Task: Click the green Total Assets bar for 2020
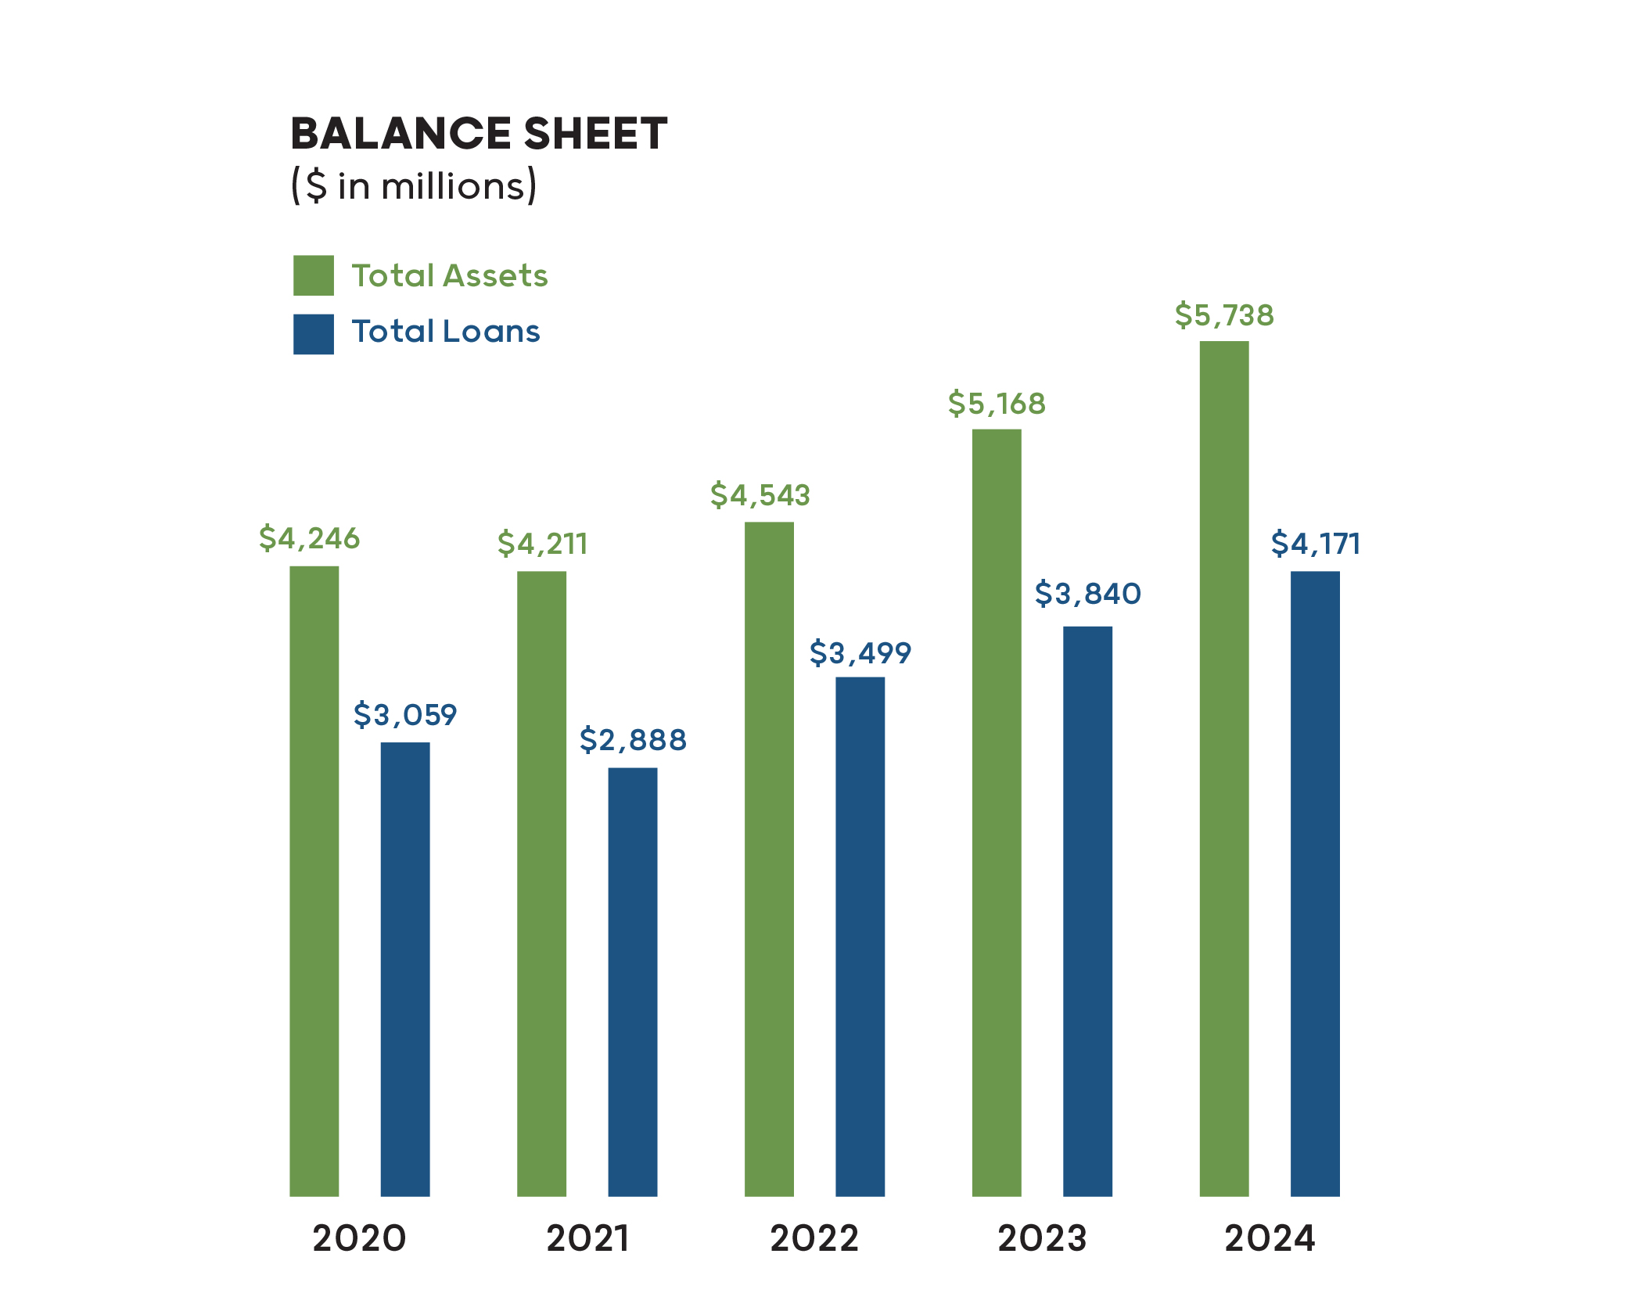pyautogui.click(x=314, y=880)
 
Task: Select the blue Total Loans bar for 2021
pyautogui.click(x=632, y=981)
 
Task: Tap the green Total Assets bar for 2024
pyautogui.click(x=1223, y=768)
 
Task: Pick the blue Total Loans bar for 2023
pyautogui.click(x=1087, y=911)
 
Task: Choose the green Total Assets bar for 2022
pyautogui.click(x=769, y=858)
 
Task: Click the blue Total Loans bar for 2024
pyautogui.click(x=1315, y=883)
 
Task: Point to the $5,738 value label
pyautogui.click(x=1224, y=315)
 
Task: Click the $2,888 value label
pyautogui.click(x=633, y=739)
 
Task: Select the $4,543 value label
pyautogui.click(x=760, y=495)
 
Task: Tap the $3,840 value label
pyautogui.click(x=1087, y=594)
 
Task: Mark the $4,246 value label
pyautogui.click(x=309, y=538)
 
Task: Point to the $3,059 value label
pyautogui.click(x=404, y=714)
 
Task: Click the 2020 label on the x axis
pyautogui.click(x=359, y=1238)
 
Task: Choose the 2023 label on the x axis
pyautogui.click(x=1042, y=1238)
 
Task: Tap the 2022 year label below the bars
pyautogui.click(x=814, y=1238)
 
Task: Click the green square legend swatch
pyautogui.click(x=313, y=275)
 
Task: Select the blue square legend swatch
pyautogui.click(x=313, y=334)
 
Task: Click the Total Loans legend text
pyautogui.click(x=445, y=332)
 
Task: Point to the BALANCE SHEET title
pyautogui.click(x=479, y=133)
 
